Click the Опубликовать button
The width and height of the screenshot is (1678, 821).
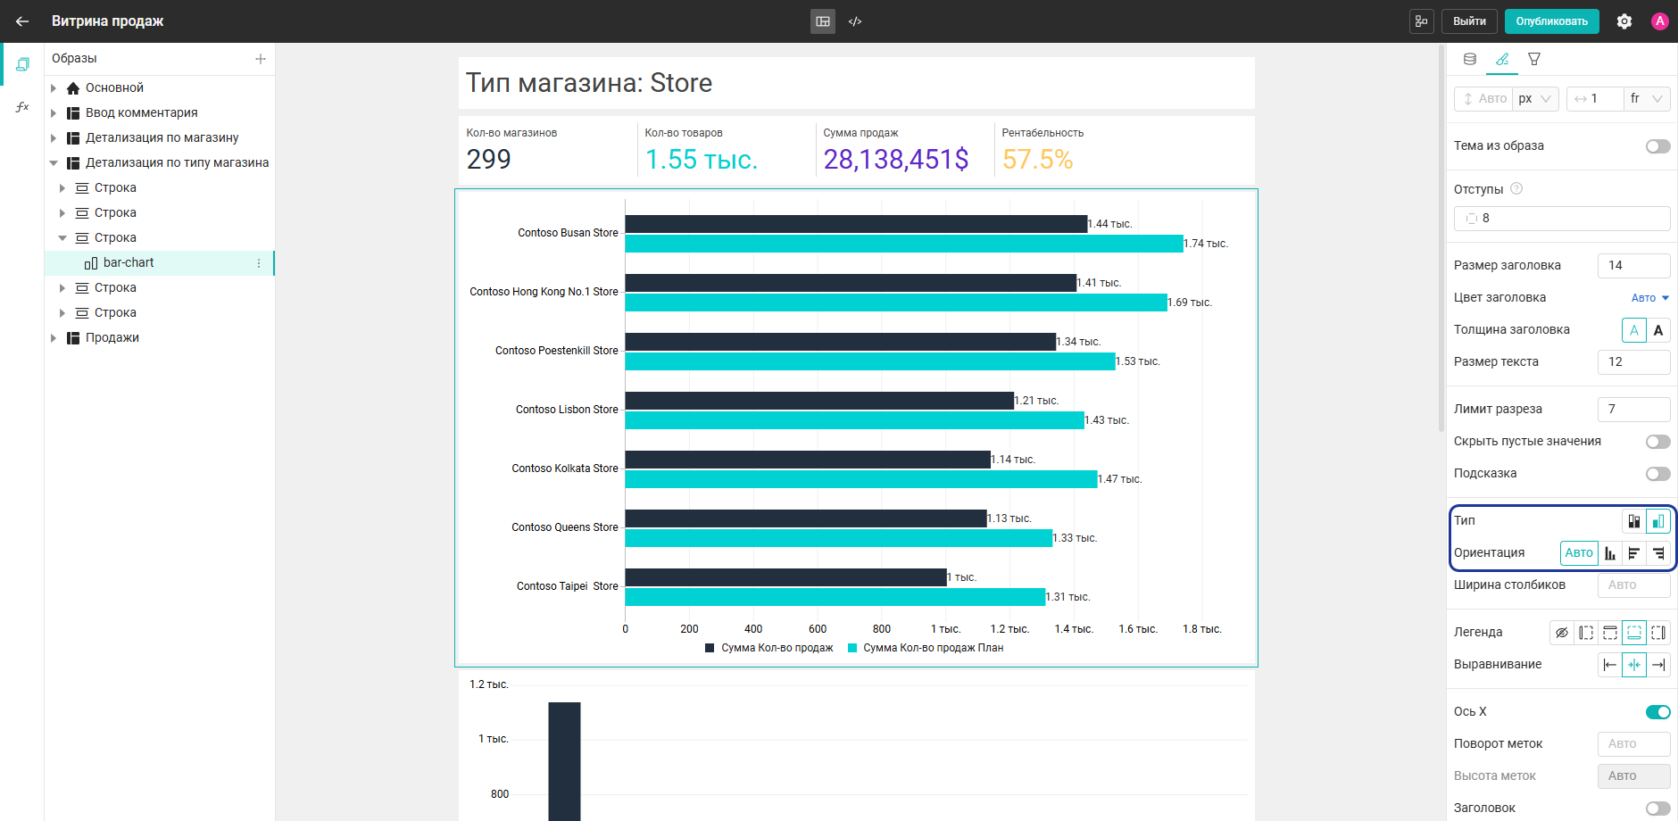[x=1551, y=21]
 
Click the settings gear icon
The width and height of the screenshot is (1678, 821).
[x=1624, y=21]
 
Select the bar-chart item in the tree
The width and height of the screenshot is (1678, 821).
[x=129, y=262]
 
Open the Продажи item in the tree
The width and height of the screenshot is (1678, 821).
[x=112, y=337]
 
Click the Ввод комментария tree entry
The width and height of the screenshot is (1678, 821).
[x=142, y=112]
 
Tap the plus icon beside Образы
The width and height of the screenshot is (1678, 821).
[x=261, y=59]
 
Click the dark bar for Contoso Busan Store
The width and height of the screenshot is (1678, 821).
[x=856, y=224]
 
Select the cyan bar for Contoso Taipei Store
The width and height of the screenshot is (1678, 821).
[x=835, y=597]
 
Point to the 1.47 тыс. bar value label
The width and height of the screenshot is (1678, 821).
[x=1120, y=479]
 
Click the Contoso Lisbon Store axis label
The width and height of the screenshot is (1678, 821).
[x=567, y=410]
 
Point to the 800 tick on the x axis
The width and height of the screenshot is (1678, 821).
[x=882, y=629]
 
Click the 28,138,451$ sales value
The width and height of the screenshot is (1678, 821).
[x=896, y=159]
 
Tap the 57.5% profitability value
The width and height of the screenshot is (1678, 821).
[x=1037, y=159]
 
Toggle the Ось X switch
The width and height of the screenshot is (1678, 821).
[x=1657, y=711]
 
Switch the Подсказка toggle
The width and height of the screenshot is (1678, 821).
[x=1657, y=474]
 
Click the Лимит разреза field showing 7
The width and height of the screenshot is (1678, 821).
[x=1633, y=409]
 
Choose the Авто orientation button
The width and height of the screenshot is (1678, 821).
[x=1579, y=553]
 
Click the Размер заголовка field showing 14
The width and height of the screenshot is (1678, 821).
[x=1633, y=265]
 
